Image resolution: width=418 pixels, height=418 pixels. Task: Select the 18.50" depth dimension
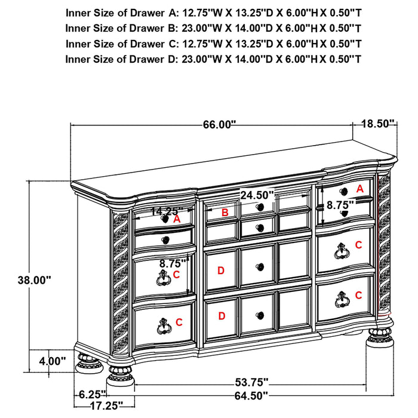pos(379,124)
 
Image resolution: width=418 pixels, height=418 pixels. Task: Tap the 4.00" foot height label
pos(51,361)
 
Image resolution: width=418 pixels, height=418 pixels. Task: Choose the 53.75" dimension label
pos(249,382)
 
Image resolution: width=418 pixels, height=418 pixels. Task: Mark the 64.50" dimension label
pos(249,395)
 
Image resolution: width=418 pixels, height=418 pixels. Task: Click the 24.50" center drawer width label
pos(257,195)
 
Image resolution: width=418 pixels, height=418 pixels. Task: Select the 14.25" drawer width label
pos(167,211)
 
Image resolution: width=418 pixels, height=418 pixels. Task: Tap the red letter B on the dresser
pos(225,213)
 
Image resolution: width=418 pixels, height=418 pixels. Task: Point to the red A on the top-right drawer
pos(359,188)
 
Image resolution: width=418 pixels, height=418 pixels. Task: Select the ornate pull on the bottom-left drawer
pos(162,324)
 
